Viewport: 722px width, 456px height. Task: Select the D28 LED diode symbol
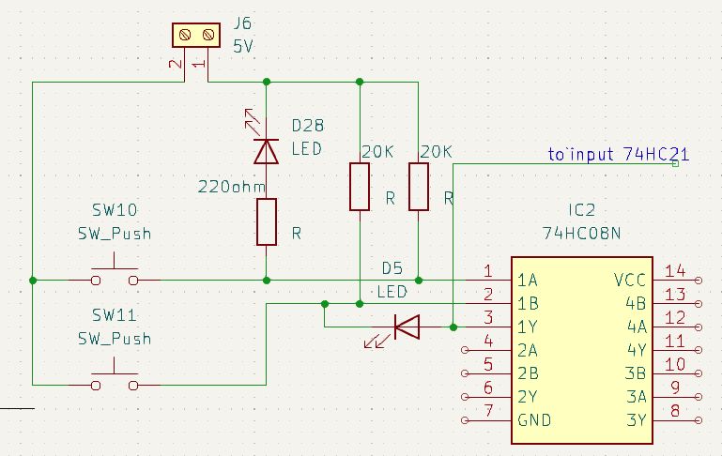pos(268,150)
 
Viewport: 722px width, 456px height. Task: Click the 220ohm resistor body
pos(268,221)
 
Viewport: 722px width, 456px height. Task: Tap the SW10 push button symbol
pos(115,280)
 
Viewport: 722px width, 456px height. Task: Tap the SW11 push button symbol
pos(115,384)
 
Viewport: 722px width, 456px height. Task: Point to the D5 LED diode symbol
pos(406,327)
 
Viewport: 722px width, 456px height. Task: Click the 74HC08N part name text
pos(581,231)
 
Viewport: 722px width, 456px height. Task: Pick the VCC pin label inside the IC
pos(629,281)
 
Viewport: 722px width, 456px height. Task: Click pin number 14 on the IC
pos(674,271)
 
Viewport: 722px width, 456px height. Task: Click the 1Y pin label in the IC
pos(528,327)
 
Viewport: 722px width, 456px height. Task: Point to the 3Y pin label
pos(637,419)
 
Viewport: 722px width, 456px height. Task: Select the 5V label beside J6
pos(243,44)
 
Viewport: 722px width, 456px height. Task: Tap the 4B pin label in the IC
pos(637,303)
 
